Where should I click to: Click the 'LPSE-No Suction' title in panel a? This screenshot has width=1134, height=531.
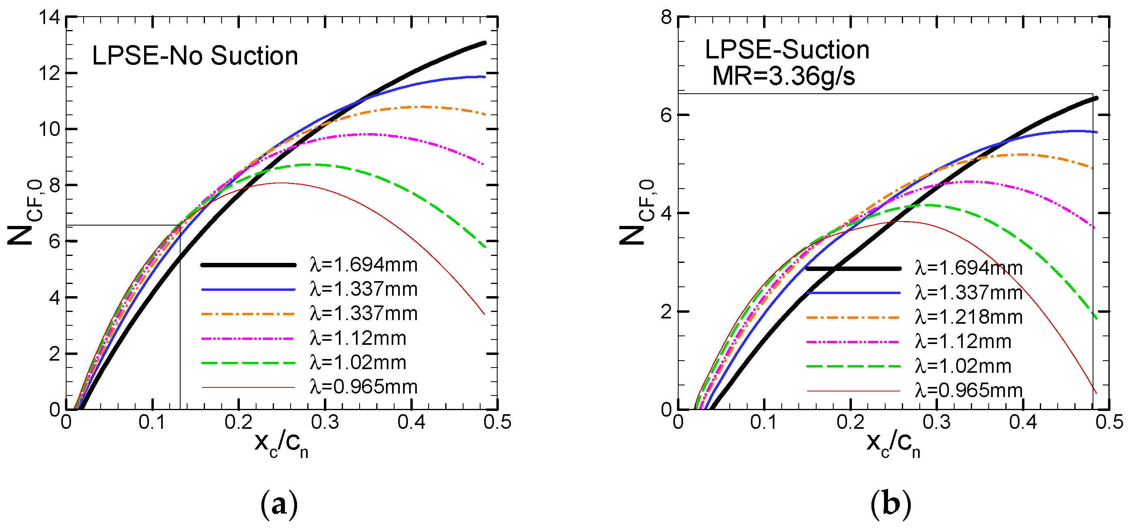195,56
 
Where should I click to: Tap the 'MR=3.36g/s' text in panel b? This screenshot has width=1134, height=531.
784,76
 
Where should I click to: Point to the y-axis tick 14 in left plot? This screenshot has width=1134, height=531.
49,17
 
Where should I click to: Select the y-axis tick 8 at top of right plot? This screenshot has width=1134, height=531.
666,17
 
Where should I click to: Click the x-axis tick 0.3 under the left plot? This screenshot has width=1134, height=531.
325,422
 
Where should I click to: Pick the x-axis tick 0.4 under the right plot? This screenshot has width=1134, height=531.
1023,422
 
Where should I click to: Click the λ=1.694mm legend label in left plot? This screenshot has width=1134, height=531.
363,265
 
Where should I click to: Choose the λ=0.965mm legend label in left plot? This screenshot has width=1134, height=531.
363,387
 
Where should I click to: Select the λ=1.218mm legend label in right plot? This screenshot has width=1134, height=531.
968,317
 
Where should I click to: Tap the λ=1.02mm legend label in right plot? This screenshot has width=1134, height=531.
963,366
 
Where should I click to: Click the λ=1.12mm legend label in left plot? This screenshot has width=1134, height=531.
358,338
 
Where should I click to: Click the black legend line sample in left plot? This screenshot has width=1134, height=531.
248,265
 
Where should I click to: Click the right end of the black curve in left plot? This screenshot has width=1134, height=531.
485,43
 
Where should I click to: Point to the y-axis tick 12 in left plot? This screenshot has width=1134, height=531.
49,73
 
